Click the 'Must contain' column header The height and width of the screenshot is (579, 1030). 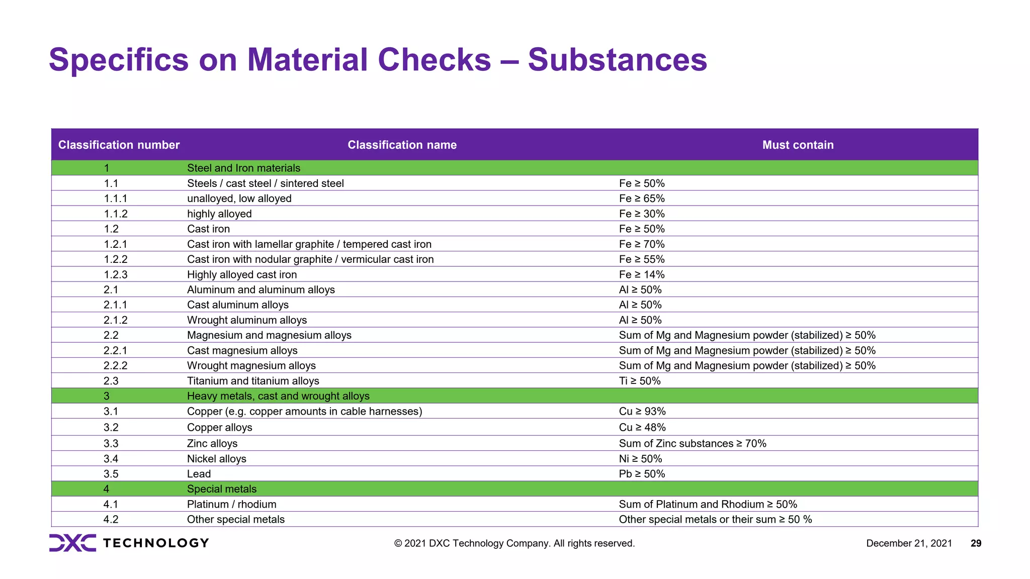798,145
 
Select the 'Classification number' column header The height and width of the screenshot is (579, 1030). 119,145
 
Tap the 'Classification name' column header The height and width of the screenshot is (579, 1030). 402,145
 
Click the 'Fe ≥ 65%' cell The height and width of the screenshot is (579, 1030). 642,199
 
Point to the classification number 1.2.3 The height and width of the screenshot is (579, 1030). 116,274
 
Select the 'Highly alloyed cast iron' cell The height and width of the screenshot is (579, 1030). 242,274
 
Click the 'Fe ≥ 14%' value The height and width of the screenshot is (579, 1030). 642,274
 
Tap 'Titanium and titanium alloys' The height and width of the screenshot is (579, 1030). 253,381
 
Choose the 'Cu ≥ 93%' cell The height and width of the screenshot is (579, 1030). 642,411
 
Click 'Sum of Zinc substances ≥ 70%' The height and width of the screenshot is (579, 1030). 693,443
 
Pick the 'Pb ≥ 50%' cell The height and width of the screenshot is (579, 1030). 642,474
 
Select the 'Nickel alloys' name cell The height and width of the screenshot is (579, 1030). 217,459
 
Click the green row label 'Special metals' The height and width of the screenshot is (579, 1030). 222,489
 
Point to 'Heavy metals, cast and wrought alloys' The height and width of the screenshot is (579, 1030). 278,396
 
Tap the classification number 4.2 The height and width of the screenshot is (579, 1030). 111,519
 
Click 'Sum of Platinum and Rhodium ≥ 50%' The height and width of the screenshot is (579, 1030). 708,504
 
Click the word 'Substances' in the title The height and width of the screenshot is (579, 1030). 617,60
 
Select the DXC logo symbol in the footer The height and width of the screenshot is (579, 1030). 72,543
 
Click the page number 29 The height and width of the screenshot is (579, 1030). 976,543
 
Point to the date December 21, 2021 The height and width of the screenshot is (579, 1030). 909,543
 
